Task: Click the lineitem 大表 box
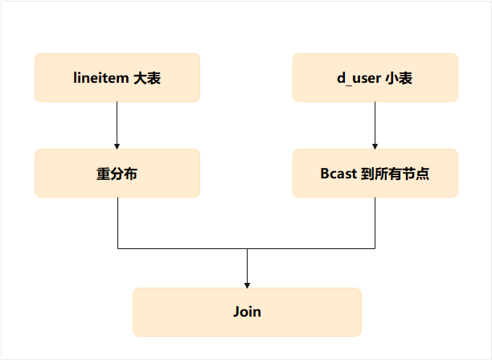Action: click(x=117, y=78)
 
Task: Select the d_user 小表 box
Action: click(x=375, y=78)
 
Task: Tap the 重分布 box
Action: click(x=117, y=173)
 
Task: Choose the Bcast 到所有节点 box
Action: click(x=375, y=173)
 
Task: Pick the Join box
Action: click(x=247, y=312)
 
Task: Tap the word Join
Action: click(x=247, y=312)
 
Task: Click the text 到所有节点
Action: click(x=395, y=173)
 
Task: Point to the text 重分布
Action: click(x=117, y=173)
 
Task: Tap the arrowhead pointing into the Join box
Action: click(x=247, y=284)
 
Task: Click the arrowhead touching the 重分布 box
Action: click(x=117, y=145)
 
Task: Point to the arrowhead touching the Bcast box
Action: click(x=375, y=145)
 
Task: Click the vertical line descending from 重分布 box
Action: click(x=117, y=223)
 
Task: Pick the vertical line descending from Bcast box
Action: click(x=375, y=223)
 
